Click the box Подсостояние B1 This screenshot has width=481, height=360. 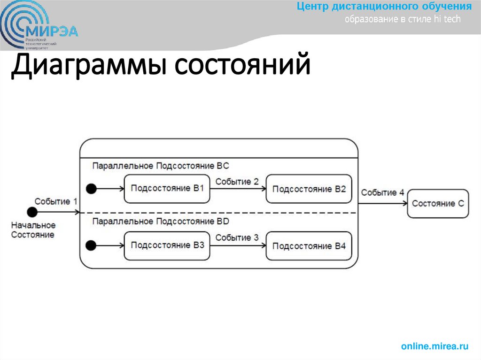167,189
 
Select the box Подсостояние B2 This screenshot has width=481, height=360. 309,189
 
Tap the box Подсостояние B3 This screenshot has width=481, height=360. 167,245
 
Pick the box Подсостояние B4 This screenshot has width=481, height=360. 309,246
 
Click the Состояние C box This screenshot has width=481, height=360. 438,204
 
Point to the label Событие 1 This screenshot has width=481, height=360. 56,201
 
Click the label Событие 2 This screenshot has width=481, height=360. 237,181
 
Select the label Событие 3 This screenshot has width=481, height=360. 237,237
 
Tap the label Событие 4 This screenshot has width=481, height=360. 382,192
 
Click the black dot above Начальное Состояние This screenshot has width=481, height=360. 32,212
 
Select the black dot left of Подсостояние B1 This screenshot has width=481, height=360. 91,189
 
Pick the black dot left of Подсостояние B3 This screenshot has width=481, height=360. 91,245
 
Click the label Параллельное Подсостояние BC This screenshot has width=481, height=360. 160,166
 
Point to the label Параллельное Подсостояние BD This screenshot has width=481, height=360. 160,221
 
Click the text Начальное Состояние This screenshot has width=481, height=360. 33,230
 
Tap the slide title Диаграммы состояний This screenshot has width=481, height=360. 161,66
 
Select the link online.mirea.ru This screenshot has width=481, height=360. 435,346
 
